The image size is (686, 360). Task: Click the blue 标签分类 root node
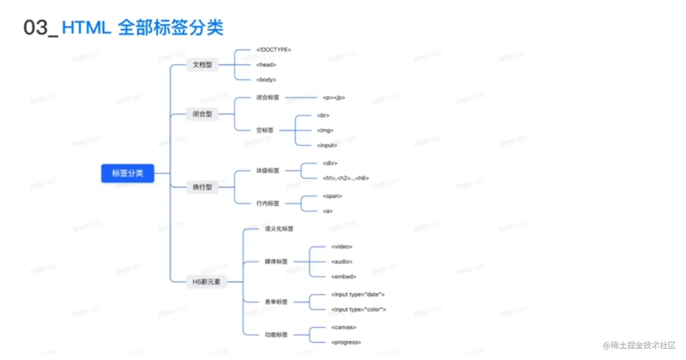click(x=127, y=173)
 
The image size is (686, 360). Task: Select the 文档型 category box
click(x=202, y=65)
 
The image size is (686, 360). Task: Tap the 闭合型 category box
click(x=202, y=114)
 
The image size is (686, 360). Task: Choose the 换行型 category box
click(x=202, y=187)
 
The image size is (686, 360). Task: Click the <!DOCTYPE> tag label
click(x=274, y=50)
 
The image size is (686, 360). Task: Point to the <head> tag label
click(x=266, y=65)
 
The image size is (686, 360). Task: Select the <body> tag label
click(x=266, y=80)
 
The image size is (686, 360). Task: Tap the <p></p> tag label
click(x=334, y=97)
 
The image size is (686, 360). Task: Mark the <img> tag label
click(x=325, y=130)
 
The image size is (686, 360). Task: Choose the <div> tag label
click(x=330, y=163)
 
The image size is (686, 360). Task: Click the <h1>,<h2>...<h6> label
click(x=346, y=178)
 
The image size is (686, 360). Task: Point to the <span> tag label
click(x=333, y=196)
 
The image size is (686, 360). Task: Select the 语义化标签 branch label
click(x=279, y=229)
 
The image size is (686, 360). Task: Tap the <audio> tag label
click(x=342, y=262)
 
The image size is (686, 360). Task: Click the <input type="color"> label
click(x=359, y=310)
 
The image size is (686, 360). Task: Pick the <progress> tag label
click(x=346, y=342)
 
